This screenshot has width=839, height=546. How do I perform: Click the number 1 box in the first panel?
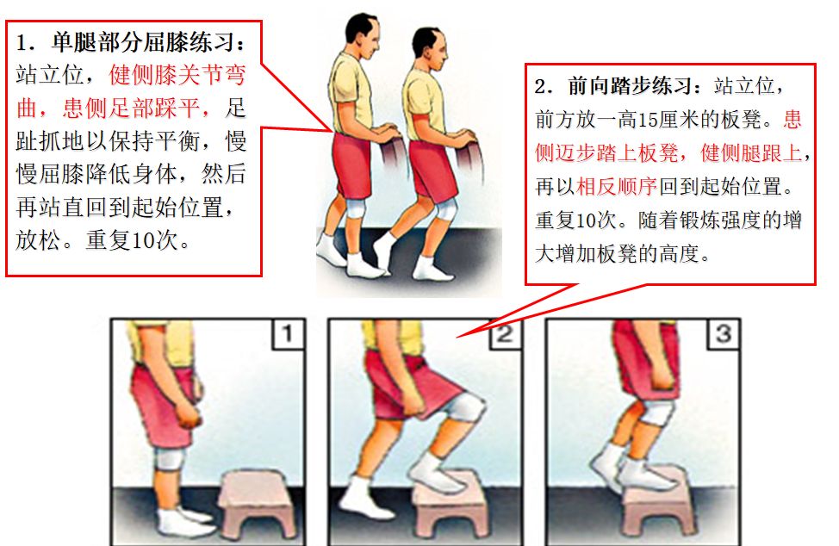(289, 334)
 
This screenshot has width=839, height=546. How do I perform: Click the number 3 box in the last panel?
(723, 334)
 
